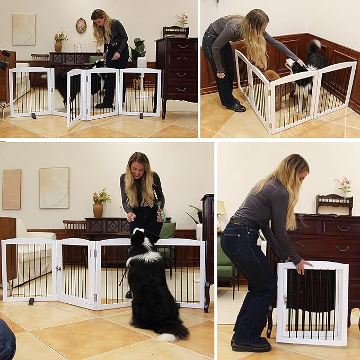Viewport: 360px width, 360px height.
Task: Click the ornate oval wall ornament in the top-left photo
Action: click(81, 25)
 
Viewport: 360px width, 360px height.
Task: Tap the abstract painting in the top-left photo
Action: click(23, 29)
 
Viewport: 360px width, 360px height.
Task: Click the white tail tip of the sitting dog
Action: click(169, 337)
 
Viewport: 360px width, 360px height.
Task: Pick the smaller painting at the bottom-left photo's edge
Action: click(11, 189)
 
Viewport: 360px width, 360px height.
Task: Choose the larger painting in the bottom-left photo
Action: click(54, 188)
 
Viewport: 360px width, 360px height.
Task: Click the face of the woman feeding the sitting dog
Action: click(138, 169)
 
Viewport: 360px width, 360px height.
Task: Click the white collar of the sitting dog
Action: click(144, 257)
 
